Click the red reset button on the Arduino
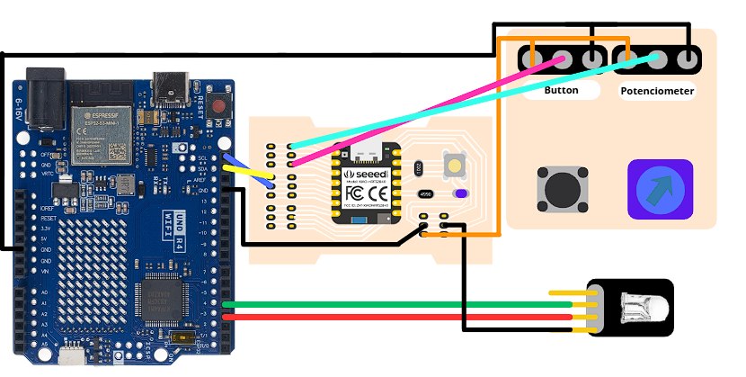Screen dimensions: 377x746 click(218, 105)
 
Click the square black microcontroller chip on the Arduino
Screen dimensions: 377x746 click(162, 299)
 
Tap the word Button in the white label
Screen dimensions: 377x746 click(561, 91)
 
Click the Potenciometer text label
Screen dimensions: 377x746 click(657, 92)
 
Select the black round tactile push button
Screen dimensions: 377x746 click(564, 190)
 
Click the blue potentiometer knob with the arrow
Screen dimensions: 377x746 click(660, 190)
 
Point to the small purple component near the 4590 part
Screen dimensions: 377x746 click(460, 193)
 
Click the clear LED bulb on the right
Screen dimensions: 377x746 click(644, 309)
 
